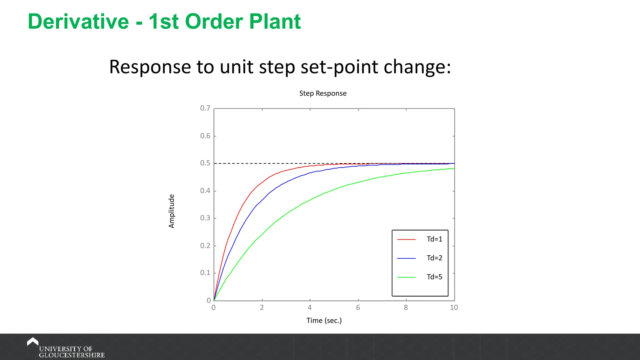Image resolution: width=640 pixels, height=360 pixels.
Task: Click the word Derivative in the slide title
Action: (x=78, y=22)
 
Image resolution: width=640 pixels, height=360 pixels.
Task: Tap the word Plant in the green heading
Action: (x=275, y=22)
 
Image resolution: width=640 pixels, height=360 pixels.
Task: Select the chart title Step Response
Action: (x=323, y=93)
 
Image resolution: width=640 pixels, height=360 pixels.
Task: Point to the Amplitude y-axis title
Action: (x=172, y=211)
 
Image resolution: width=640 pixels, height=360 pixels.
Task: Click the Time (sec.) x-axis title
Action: (x=324, y=321)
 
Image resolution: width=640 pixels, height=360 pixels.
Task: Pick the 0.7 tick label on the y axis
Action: (x=205, y=108)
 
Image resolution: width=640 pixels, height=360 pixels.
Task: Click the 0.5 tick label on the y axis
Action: (x=205, y=163)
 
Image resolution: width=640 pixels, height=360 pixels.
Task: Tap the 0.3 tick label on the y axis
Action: (x=205, y=218)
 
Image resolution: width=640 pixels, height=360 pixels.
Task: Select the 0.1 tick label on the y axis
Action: (x=205, y=273)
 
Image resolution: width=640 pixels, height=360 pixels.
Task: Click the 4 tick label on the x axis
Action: (x=310, y=307)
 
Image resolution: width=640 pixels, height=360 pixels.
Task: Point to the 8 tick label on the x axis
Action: (x=406, y=307)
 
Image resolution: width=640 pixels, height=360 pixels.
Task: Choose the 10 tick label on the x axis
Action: (x=454, y=307)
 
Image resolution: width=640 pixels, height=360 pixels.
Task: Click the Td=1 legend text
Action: (x=434, y=239)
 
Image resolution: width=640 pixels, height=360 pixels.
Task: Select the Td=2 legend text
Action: (x=434, y=258)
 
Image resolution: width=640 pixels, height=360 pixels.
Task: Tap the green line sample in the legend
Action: (x=406, y=277)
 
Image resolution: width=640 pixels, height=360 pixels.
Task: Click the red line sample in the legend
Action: (x=406, y=239)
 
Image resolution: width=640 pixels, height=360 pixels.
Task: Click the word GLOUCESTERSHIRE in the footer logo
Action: (x=72, y=355)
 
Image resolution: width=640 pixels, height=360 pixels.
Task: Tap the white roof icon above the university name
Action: (x=32, y=341)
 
